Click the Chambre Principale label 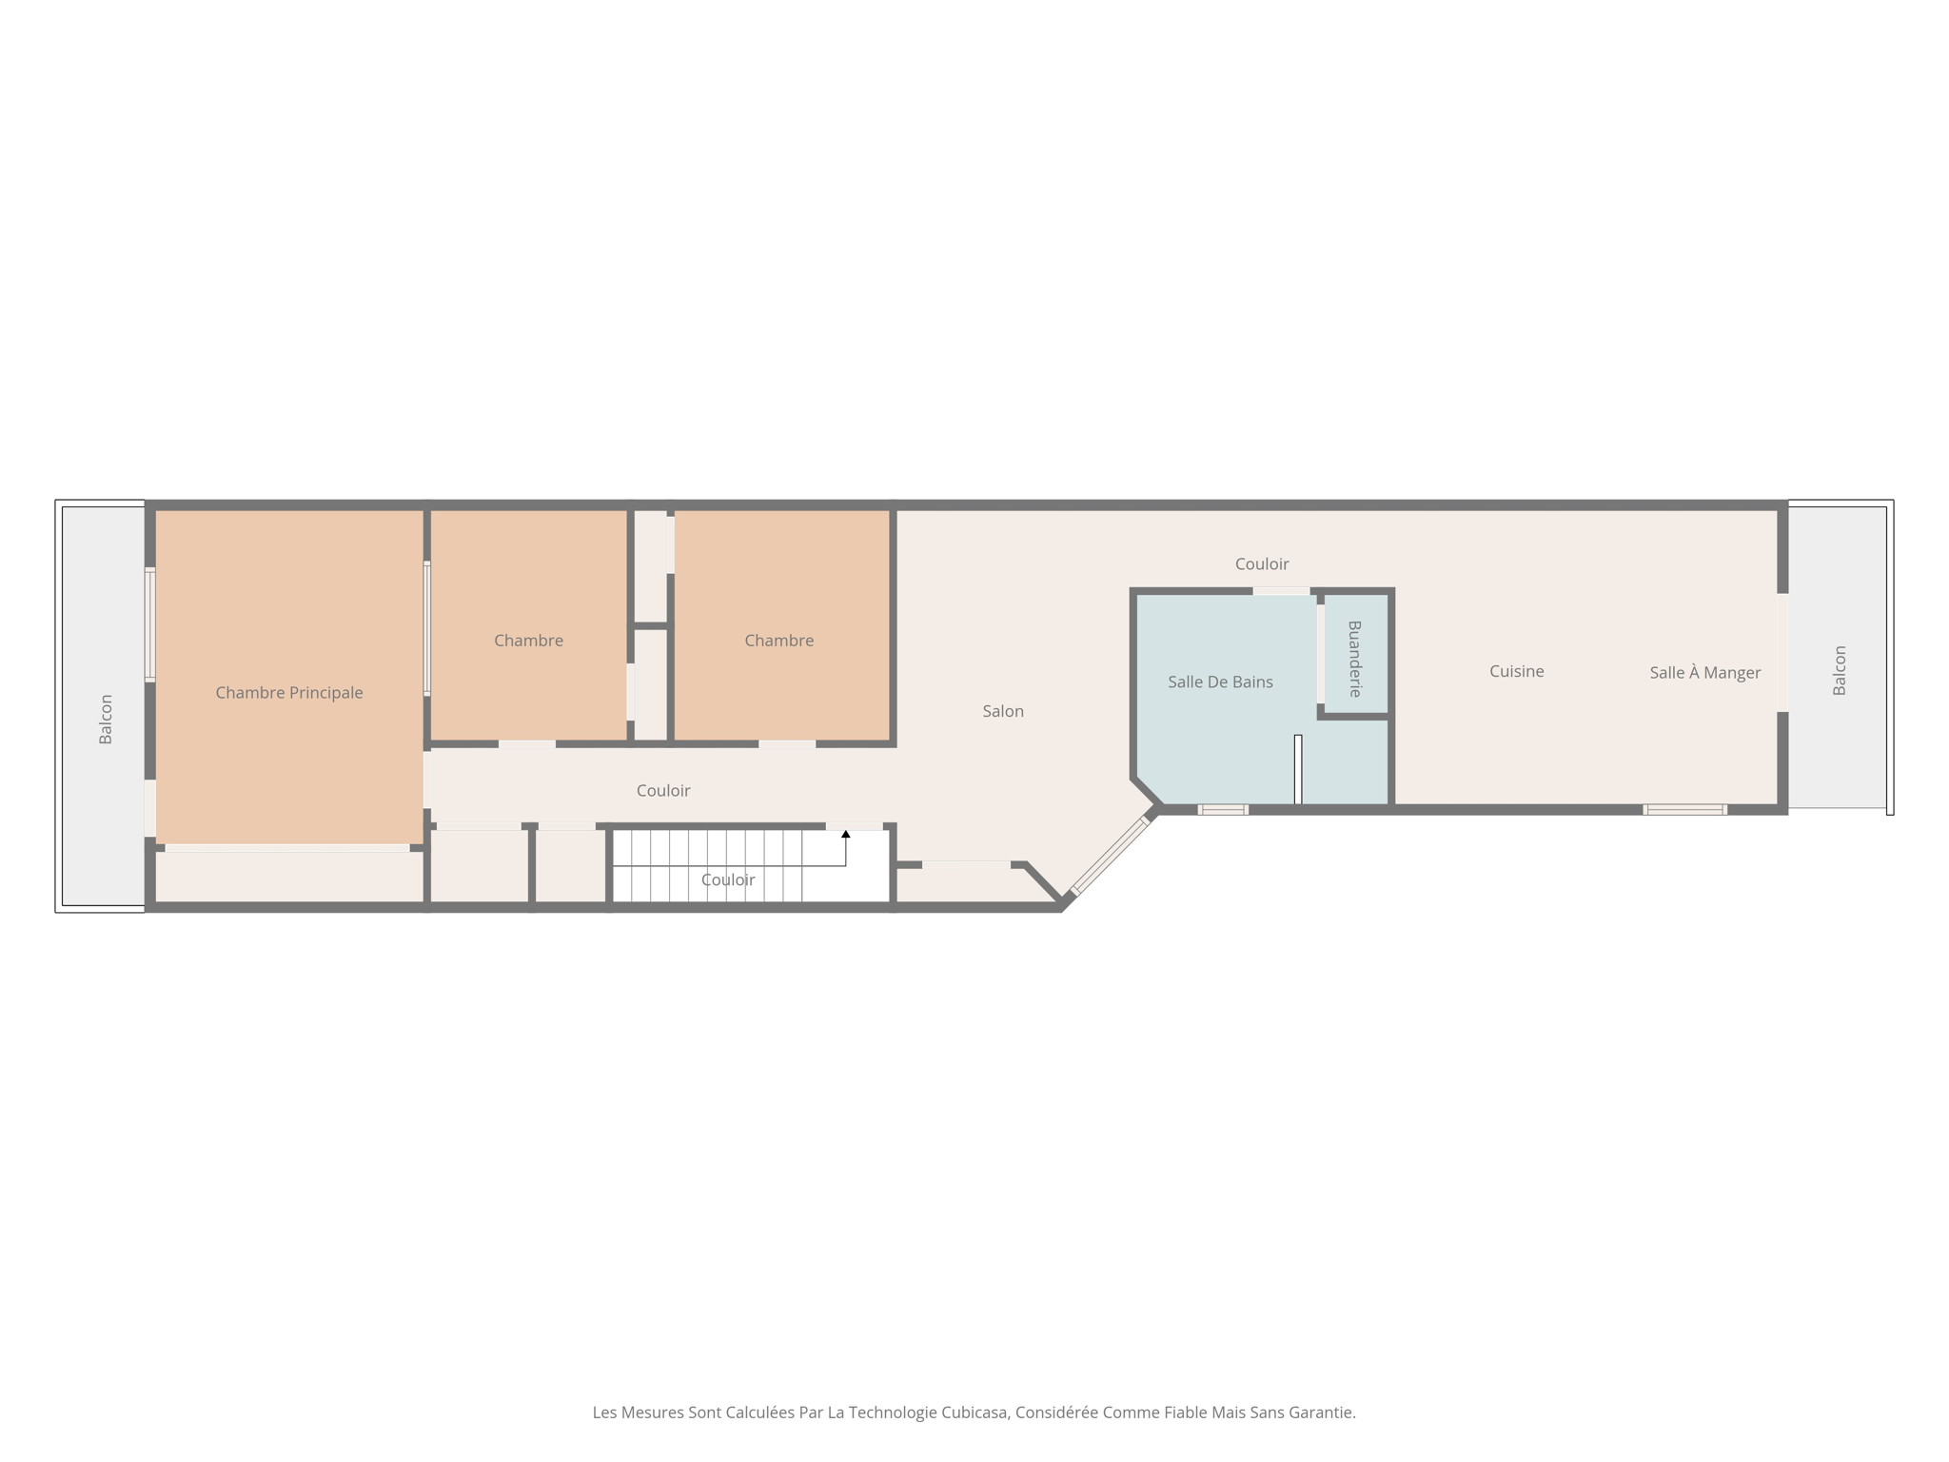[x=289, y=693]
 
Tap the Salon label [x=1003, y=711]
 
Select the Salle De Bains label [x=1220, y=682]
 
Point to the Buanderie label [x=1355, y=659]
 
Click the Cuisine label [x=1516, y=671]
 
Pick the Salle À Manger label [x=1704, y=673]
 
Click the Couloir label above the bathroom [x=1262, y=564]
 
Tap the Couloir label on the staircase [x=728, y=879]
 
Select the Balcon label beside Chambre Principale [x=106, y=720]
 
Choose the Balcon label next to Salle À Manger [x=1840, y=670]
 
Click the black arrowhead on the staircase [x=845, y=835]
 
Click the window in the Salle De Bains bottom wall [x=1223, y=810]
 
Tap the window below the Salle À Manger [x=1684, y=810]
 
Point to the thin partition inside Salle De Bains [x=1297, y=769]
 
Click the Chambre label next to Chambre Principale [x=528, y=641]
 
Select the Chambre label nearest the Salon [x=778, y=641]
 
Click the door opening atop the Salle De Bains [x=1281, y=591]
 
